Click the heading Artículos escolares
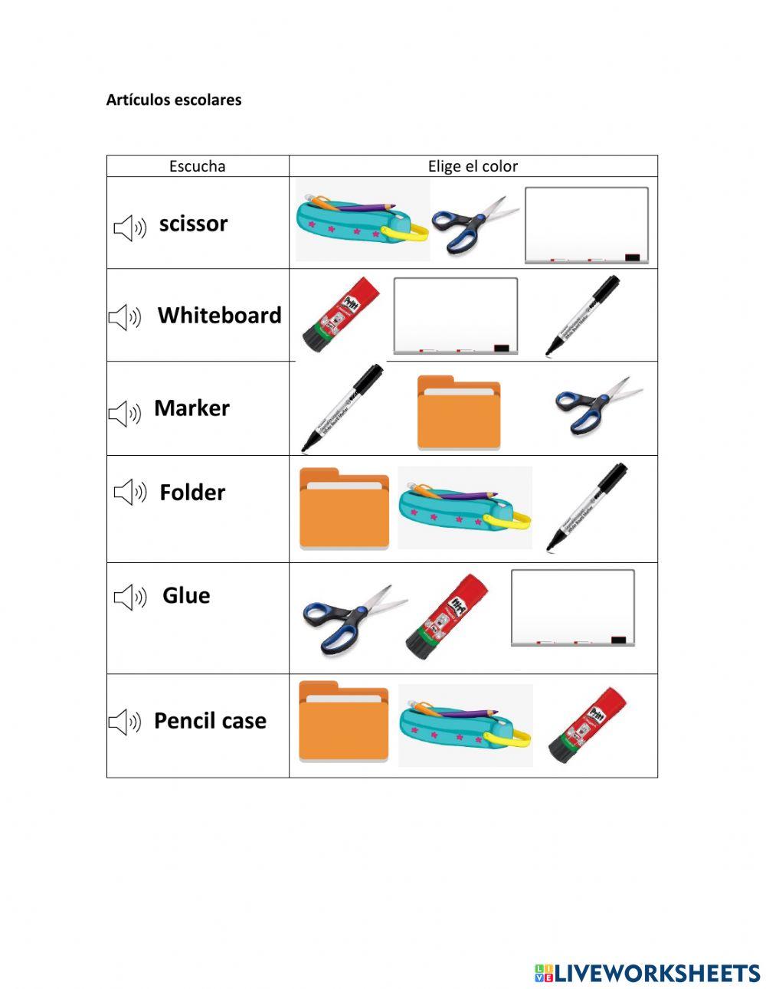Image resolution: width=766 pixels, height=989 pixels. point(174,100)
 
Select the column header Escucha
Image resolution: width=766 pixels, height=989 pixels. point(198,166)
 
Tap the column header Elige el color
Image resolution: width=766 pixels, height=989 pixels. point(473,166)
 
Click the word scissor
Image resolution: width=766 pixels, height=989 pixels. point(193,224)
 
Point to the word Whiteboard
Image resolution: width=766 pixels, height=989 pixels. point(220,315)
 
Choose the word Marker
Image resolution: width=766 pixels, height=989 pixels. point(192,408)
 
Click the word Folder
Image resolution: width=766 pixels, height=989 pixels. point(192,493)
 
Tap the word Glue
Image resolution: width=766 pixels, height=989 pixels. point(186,595)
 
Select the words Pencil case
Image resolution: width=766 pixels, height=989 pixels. point(210,720)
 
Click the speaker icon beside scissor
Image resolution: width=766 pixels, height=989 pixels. point(130,228)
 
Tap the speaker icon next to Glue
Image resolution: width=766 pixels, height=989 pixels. point(130,597)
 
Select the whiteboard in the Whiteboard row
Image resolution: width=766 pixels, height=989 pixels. point(456,316)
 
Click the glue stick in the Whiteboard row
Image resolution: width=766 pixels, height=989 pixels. point(341,314)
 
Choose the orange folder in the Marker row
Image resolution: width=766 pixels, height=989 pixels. point(459,413)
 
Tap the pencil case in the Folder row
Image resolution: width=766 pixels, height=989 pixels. point(465,508)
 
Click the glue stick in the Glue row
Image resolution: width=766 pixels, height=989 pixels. point(447,617)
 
